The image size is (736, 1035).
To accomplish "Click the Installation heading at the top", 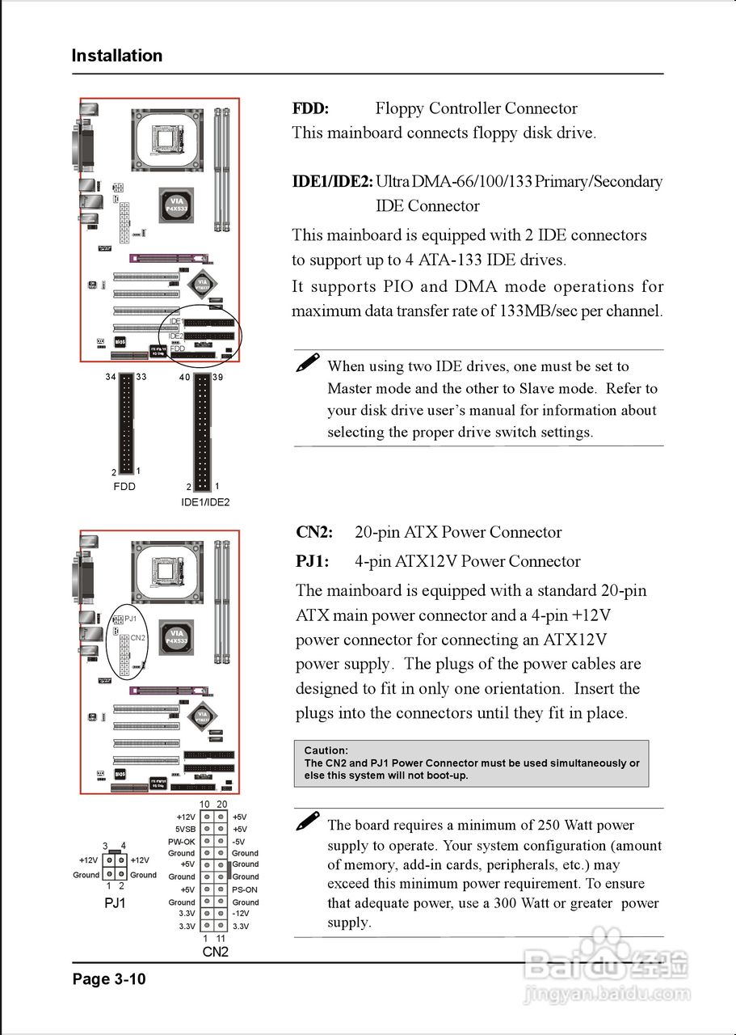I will point(117,56).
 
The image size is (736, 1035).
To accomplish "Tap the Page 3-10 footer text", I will point(109,979).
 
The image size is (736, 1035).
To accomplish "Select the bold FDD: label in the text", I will point(310,108).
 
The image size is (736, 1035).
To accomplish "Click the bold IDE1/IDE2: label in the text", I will point(332,181).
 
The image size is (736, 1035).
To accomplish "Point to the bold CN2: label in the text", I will point(314,532).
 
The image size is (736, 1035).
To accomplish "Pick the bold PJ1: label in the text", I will point(313,561).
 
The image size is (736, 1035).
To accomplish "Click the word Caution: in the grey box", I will point(326,750).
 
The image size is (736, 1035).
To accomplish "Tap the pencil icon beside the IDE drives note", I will point(307,363).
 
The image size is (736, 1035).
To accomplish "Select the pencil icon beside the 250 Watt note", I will point(307,822).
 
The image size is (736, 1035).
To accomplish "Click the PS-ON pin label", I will point(244,889).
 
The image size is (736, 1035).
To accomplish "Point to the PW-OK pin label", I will point(182,842).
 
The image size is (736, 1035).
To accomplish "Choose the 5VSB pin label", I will point(185,830).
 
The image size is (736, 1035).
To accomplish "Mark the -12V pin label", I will point(241,914).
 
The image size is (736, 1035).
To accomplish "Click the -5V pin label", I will point(239,842).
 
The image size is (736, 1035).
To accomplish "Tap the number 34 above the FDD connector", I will point(111,378).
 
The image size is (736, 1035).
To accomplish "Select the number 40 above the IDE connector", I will point(184,378).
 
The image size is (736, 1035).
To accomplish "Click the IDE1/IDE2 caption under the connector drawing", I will point(205,502).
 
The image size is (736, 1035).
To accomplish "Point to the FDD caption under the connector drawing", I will point(124,487).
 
